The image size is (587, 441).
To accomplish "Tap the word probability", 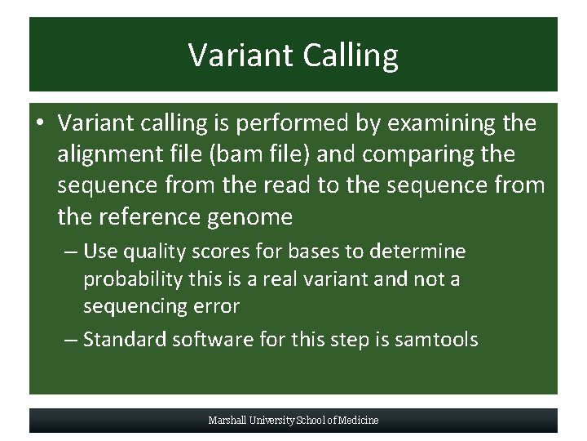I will tap(133, 279).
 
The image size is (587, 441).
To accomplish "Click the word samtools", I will tap(436, 340).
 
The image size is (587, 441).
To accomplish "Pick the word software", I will tap(213, 340).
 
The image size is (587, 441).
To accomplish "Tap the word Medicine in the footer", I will tap(359, 421).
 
